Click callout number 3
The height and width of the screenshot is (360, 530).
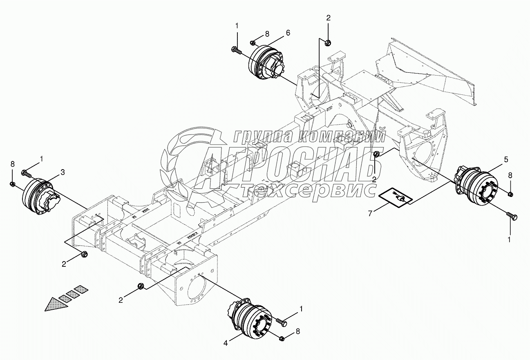pyautogui.click(x=62, y=172)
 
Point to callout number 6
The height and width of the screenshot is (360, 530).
pyautogui.click(x=288, y=33)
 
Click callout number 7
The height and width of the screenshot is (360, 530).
pyautogui.click(x=371, y=213)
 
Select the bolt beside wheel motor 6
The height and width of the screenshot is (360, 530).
pyautogui.click(x=237, y=51)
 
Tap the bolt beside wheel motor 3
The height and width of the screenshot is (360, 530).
pyautogui.click(x=26, y=174)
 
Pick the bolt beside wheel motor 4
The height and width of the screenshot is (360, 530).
pyautogui.click(x=282, y=322)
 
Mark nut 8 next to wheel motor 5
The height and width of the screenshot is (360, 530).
pyautogui.click(x=510, y=193)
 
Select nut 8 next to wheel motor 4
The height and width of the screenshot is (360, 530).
pyautogui.click(x=282, y=338)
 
